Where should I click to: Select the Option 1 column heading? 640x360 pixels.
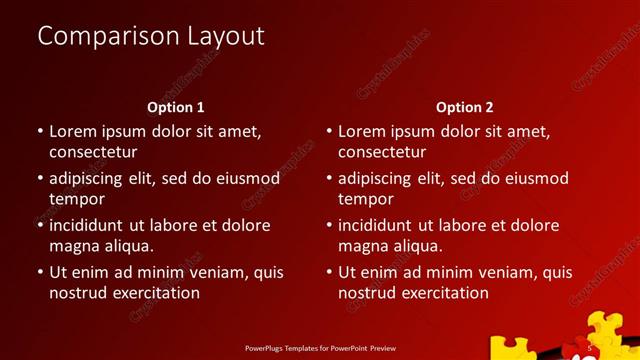point(176,107)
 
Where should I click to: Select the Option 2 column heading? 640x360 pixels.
point(465,107)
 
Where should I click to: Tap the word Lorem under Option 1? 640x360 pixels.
point(73,131)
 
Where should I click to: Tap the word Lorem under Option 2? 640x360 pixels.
point(362,131)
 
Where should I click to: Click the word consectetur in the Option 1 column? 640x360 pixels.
point(93,152)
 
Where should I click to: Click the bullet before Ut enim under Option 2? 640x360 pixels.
point(329,272)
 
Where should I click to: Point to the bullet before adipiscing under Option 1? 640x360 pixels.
point(40,179)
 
